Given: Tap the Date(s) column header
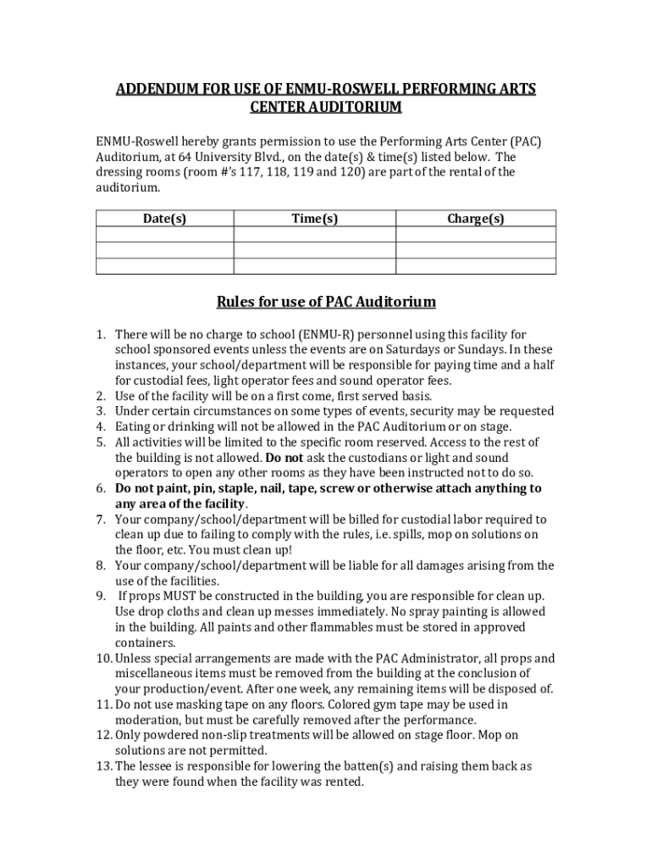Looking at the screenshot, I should pos(164,219).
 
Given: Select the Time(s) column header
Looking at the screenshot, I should pos(314,219).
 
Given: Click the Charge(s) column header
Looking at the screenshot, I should pos(476,219).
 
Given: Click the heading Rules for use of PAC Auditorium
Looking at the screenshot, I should pos(326,302).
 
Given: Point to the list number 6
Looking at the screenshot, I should pos(100,488).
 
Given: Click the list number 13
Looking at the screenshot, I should pos(103,765).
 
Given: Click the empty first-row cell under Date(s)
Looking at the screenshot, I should pos(164,235).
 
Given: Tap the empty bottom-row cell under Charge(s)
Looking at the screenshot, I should pos(476,266).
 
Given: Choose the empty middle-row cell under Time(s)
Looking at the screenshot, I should pos(314,250).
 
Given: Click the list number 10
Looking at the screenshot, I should pos(103,658).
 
